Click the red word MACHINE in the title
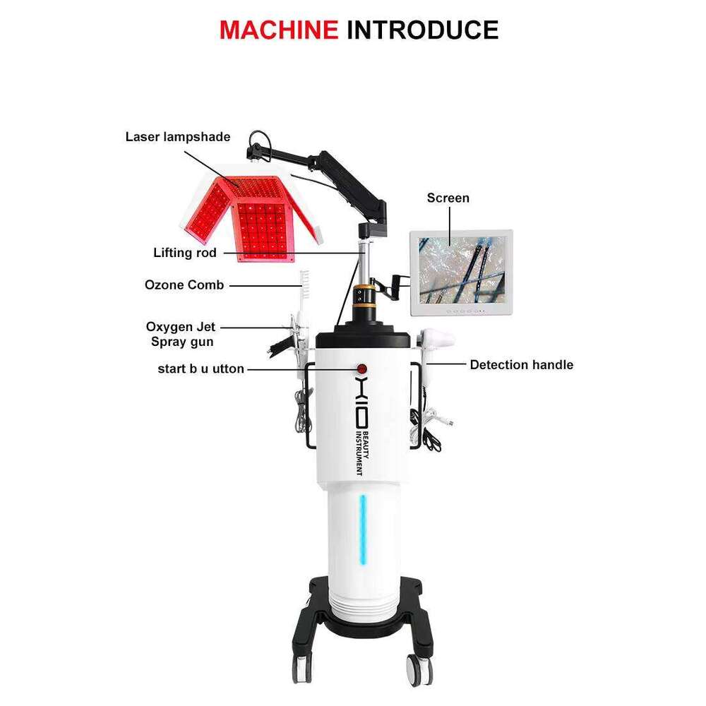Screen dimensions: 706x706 click(x=279, y=30)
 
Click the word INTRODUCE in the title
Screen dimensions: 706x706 click(x=422, y=30)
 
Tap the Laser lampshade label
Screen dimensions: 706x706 click(x=178, y=137)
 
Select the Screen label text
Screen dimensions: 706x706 click(x=448, y=198)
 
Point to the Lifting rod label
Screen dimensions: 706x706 click(x=184, y=253)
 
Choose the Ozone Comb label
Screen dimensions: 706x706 click(x=184, y=285)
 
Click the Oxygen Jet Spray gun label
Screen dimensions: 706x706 click(x=181, y=334)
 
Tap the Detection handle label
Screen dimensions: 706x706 click(x=522, y=365)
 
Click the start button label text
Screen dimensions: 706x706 click(x=201, y=369)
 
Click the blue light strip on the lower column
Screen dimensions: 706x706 click(x=363, y=529)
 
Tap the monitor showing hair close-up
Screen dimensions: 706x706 click(x=462, y=273)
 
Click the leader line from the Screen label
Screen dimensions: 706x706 click(x=450, y=227)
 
